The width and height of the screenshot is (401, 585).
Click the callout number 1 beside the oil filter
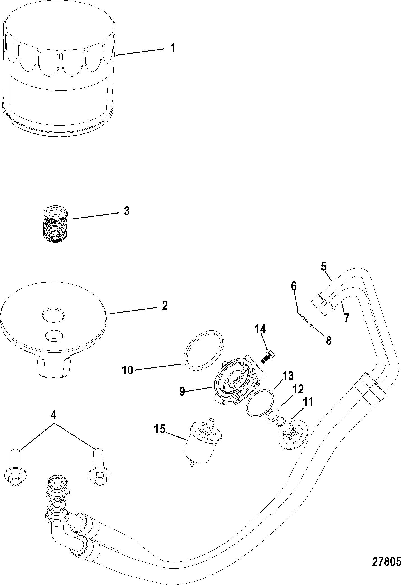pos(173,48)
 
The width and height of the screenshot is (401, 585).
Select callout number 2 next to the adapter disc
pos(164,306)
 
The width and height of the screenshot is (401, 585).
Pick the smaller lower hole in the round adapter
pos(54,335)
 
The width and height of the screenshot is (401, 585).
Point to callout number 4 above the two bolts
pos(53,415)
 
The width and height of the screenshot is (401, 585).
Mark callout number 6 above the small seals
pos(293,286)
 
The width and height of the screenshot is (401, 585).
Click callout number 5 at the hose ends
pos(324,267)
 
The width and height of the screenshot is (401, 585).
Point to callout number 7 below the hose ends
pos(347,318)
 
